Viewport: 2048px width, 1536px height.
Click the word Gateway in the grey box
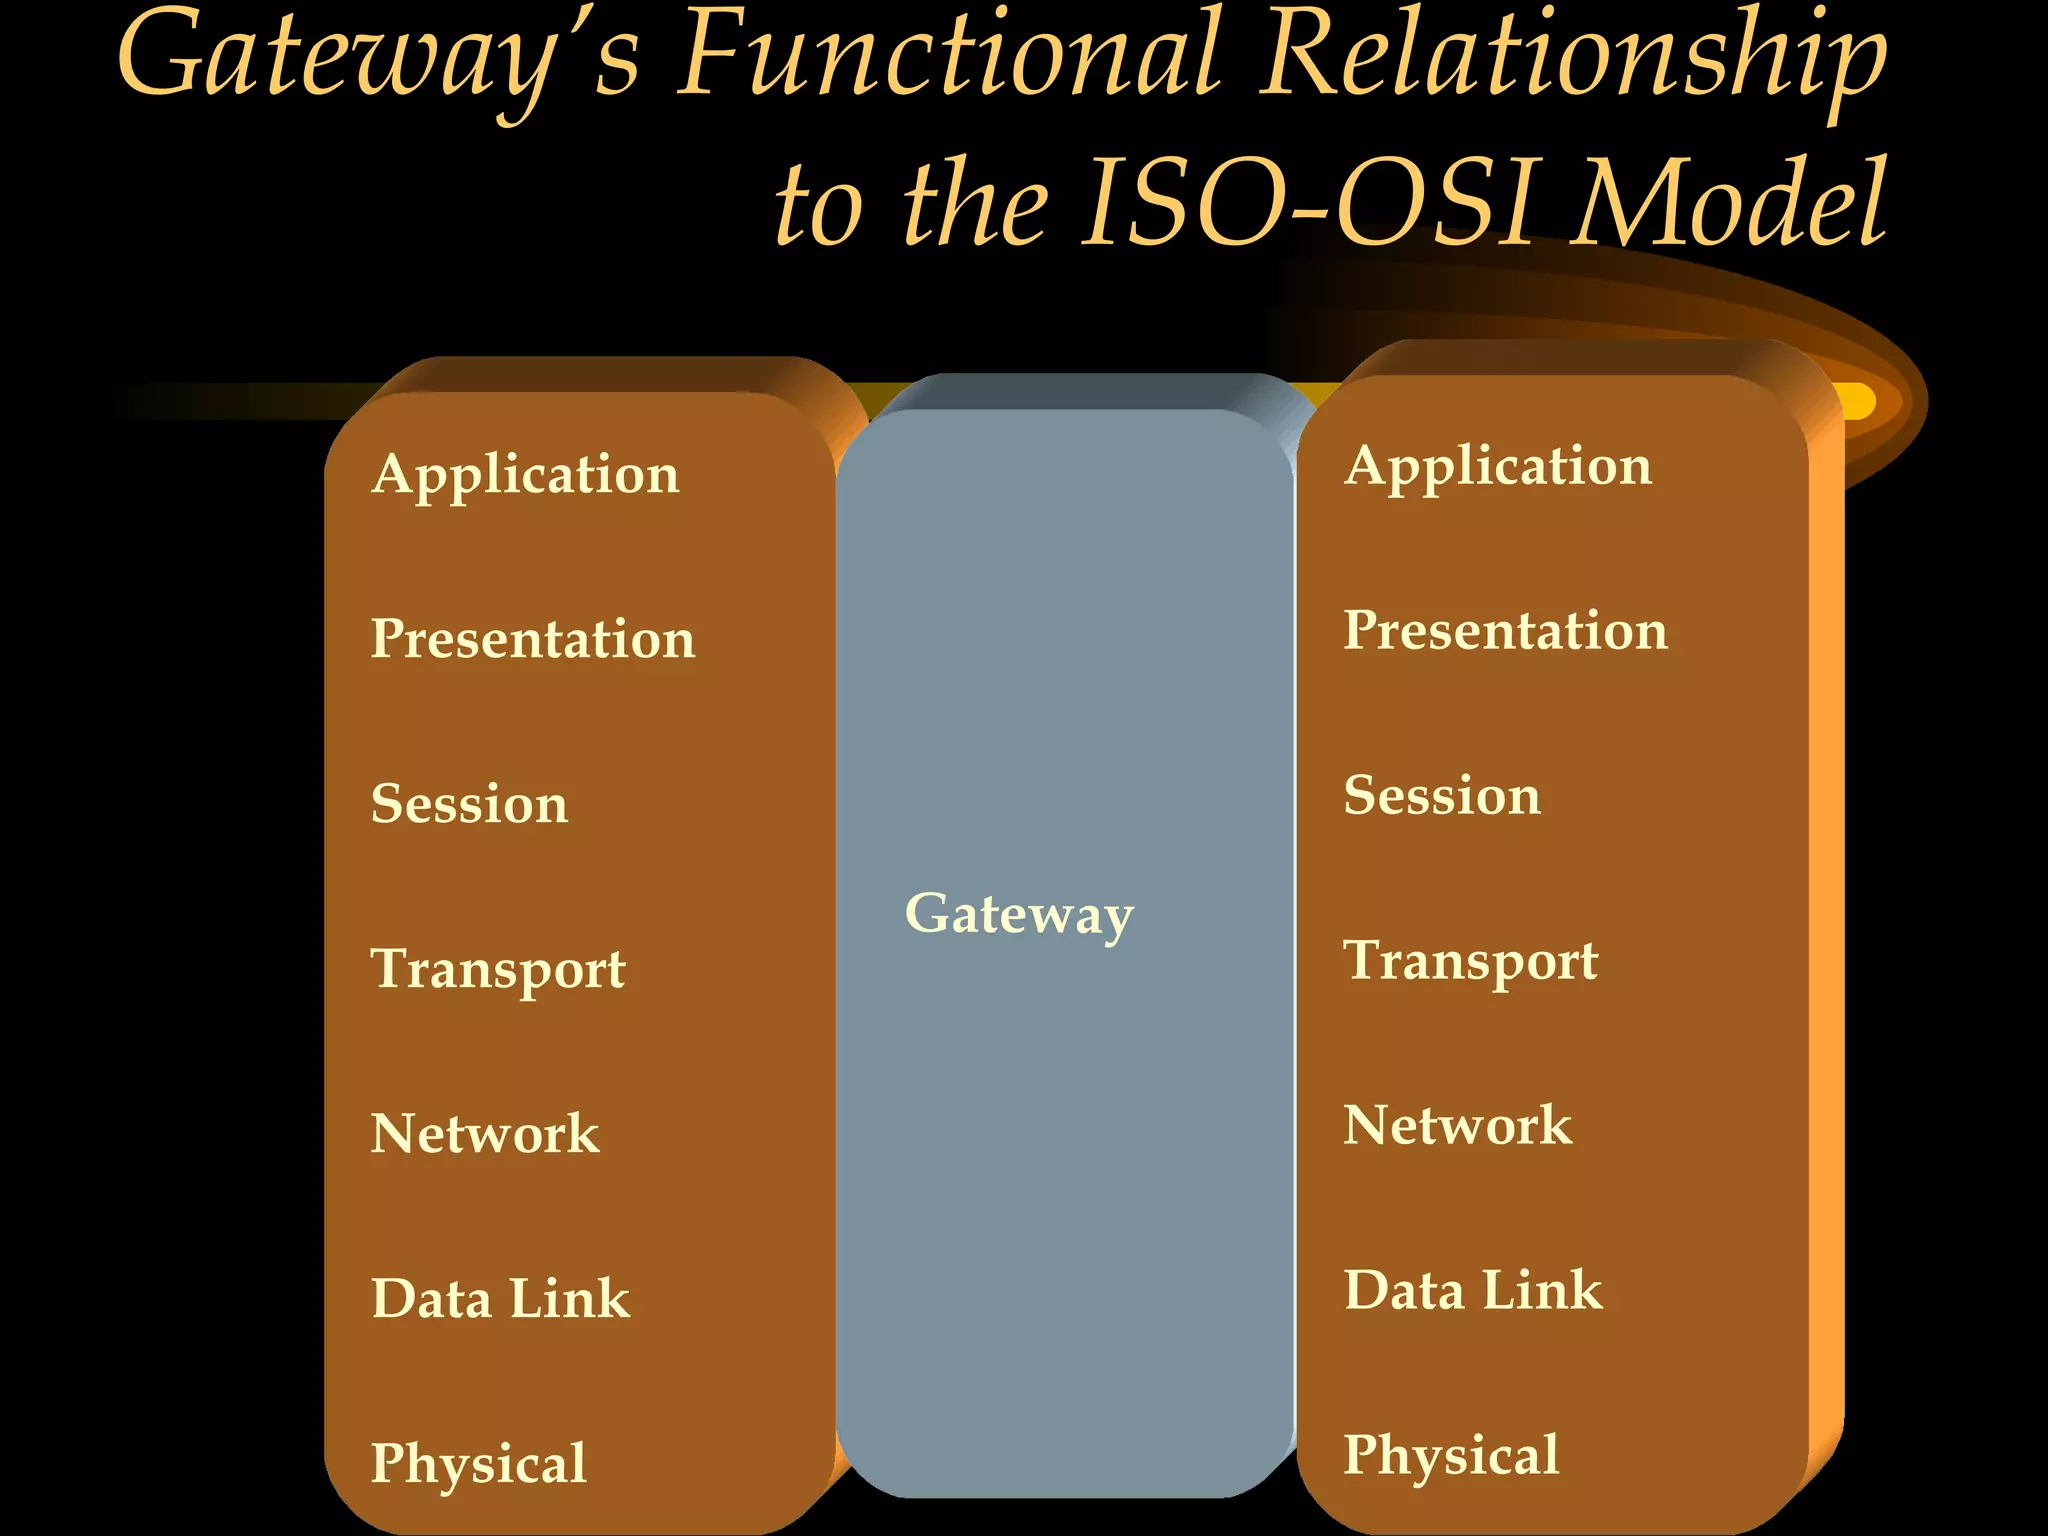click(x=1019, y=913)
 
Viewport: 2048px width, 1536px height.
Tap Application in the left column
click(x=525, y=474)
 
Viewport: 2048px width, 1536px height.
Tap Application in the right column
click(x=1497, y=466)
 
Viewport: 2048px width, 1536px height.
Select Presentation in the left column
click(x=532, y=638)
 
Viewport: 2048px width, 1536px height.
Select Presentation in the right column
click(x=1505, y=630)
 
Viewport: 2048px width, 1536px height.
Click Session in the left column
click(x=469, y=803)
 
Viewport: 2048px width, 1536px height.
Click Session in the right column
click(x=1441, y=795)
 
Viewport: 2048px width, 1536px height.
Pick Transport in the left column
click(x=498, y=969)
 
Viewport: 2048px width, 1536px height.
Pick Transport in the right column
click(x=1470, y=961)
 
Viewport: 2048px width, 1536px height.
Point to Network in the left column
click(x=485, y=1133)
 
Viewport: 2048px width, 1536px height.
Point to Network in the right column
click(x=1457, y=1125)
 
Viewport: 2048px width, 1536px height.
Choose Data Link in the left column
click(x=500, y=1298)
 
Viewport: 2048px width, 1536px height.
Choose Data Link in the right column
click(x=1472, y=1290)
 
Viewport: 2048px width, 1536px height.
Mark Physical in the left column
click(x=478, y=1463)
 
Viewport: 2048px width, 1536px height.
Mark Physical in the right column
click(x=1450, y=1455)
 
